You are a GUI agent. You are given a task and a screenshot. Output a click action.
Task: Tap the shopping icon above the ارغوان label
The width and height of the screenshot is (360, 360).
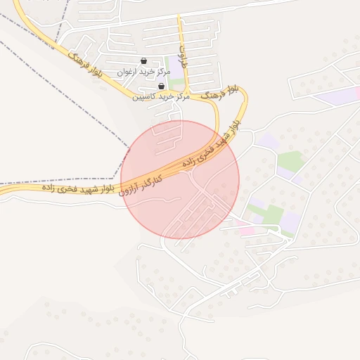coord(144,60)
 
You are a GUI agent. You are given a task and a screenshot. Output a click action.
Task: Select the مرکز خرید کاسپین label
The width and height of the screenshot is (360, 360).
coord(161,97)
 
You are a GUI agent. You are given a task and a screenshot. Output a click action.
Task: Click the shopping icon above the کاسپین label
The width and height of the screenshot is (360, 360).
coord(161,86)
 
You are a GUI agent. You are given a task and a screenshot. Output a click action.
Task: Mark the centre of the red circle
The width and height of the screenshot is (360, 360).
coord(180,179)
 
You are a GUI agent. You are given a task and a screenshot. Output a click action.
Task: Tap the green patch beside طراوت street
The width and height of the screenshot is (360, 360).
coord(175,84)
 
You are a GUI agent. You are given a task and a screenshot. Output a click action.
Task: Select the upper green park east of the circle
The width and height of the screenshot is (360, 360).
coord(290,162)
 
